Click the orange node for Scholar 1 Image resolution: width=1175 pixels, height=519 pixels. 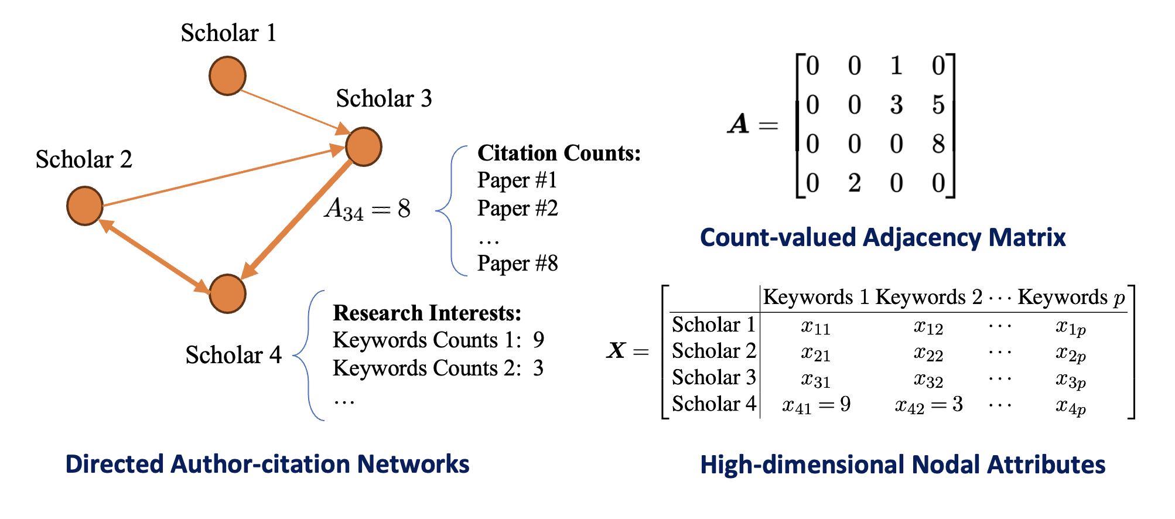click(x=227, y=76)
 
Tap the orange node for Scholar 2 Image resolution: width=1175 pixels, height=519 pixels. click(x=85, y=206)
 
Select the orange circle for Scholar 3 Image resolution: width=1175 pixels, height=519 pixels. click(x=364, y=146)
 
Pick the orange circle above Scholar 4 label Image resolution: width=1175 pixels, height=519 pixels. click(x=227, y=293)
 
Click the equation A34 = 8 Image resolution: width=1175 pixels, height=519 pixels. click(x=368, y=209)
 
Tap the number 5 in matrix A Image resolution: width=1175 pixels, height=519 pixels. click(x=938, y=105)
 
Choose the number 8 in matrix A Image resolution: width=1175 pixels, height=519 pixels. click(x=938, y=144)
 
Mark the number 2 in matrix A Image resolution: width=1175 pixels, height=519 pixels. click(x=855, y=183)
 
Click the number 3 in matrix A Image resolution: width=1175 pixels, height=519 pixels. click(x=896, y=105)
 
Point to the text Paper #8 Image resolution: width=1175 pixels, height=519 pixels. click(x=518, y=264)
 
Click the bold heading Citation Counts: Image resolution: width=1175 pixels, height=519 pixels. click(x=559, y=153)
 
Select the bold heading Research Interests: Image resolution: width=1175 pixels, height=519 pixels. click(x=427, y=313)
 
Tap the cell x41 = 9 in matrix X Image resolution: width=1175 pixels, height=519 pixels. click(x=817, y=405)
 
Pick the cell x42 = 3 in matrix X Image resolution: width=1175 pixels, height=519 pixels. click(x=929, y=405)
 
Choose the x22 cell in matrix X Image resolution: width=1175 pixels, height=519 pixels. click(x=928, y=353)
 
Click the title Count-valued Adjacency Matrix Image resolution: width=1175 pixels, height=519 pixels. click(x=883, y=238)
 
